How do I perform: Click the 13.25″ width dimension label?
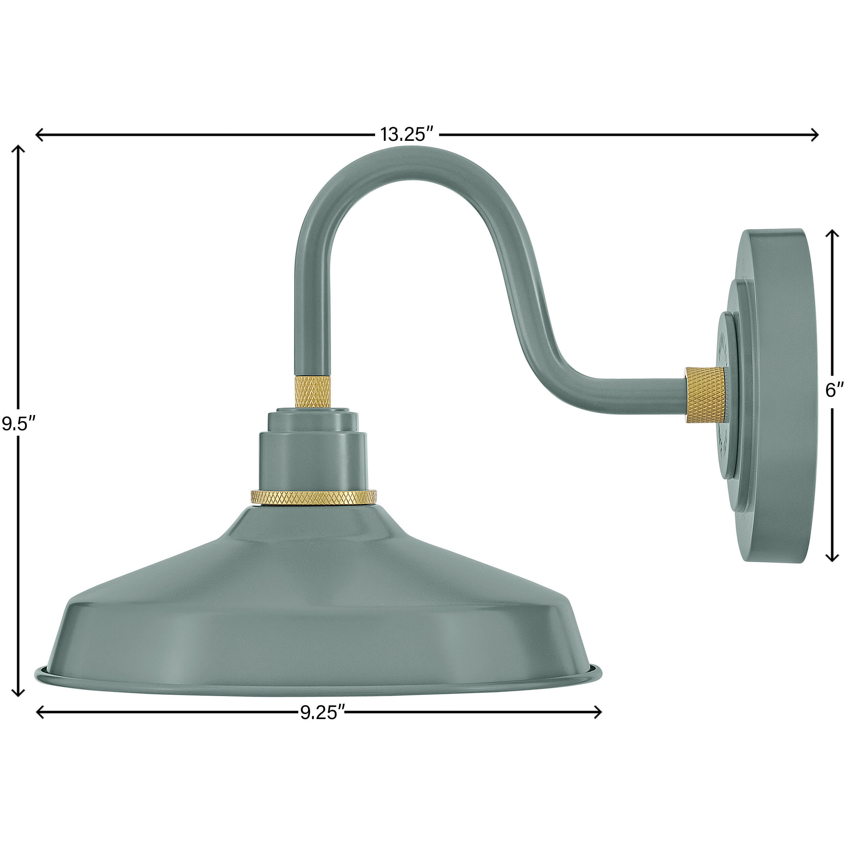(407, 134)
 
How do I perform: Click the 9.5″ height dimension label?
(18, 424)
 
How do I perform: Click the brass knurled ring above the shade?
(313, 497)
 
